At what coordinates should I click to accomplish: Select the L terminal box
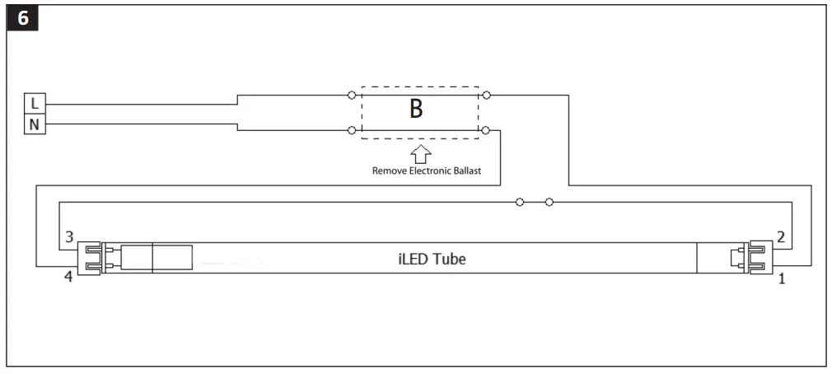(34, 104)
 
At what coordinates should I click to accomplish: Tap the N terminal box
(34, 124)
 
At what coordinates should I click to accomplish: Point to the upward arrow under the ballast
(420, 154)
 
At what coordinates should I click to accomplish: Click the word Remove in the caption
(390, 171)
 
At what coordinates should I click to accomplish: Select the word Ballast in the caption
(464, 171)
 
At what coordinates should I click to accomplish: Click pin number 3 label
(68, 236)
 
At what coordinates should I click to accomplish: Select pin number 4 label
(68, 278)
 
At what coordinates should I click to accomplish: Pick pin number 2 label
(780, 236)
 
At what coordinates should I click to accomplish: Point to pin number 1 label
(781, 278)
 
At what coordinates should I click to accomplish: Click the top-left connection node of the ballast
(353, 96)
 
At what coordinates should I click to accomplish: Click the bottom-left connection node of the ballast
(353, 130)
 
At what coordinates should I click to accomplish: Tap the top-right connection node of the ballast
(487, 96)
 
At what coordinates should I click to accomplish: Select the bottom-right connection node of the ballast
(487, 130)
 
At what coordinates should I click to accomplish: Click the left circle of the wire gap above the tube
(519, 202)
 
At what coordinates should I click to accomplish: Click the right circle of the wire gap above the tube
(549, 202)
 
